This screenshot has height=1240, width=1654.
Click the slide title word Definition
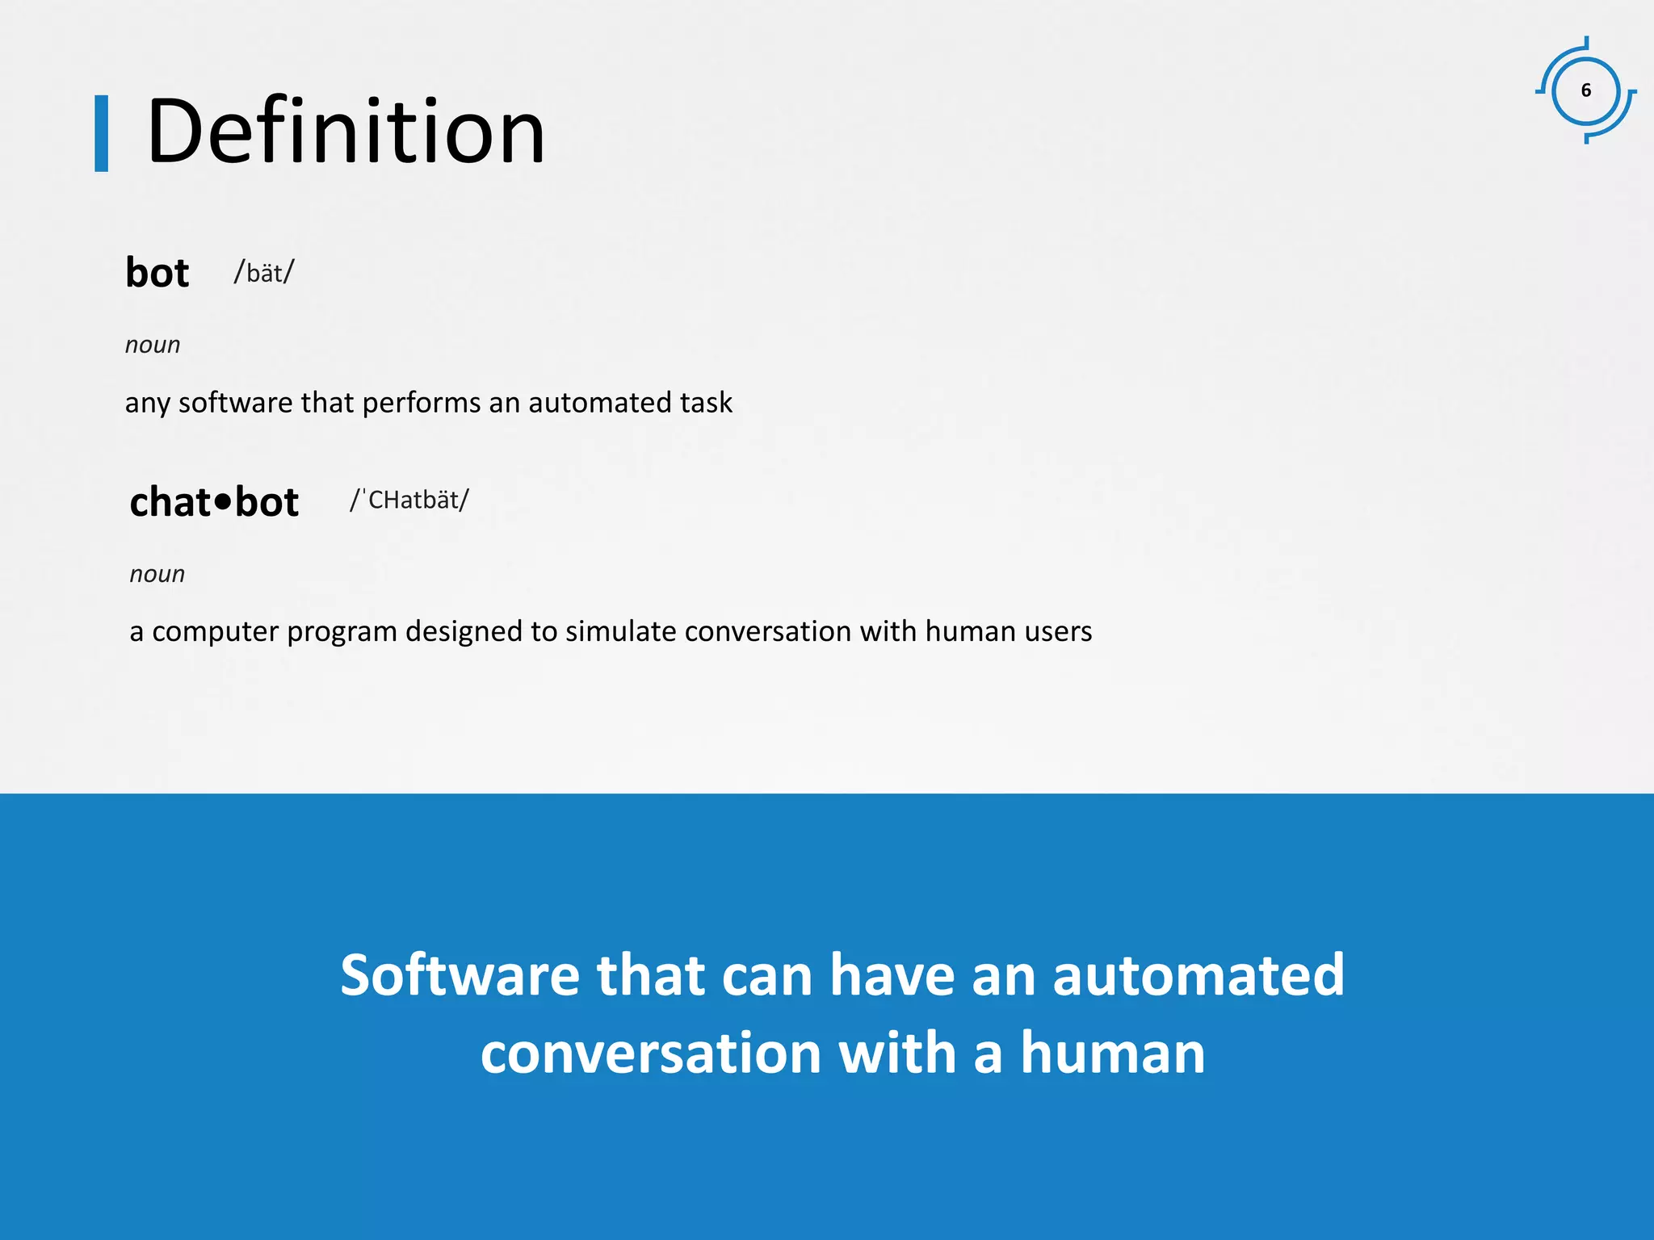pos(346,131)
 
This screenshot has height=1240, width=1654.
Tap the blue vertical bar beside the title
pos(101,133)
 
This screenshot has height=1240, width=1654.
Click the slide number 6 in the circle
pos(1585,90)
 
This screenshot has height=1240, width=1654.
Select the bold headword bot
pos(157,273)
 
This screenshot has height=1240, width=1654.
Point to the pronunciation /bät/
pos(264,273)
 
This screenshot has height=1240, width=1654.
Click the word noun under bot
pos(152,345)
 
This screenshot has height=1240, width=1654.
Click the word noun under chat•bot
pos(157,574)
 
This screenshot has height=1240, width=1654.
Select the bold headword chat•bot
pos(214,502)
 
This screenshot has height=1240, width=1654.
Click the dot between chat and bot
pos(224,501)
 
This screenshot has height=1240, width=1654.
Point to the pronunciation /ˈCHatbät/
pos(409,500)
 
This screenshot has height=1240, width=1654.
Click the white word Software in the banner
pos(460,975)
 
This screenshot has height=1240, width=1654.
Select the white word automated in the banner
pos(1199,975)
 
